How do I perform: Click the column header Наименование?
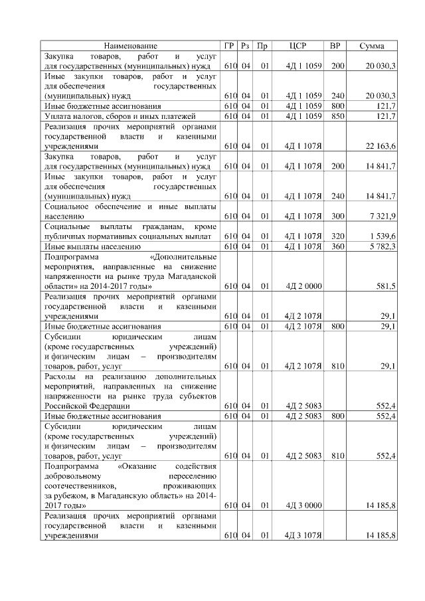(131, 46)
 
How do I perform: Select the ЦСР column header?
(298, 46)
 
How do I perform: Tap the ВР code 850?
(338, 116)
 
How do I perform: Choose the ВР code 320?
(338, 236)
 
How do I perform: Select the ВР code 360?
(338, 246)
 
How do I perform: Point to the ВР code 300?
(338, 216)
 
